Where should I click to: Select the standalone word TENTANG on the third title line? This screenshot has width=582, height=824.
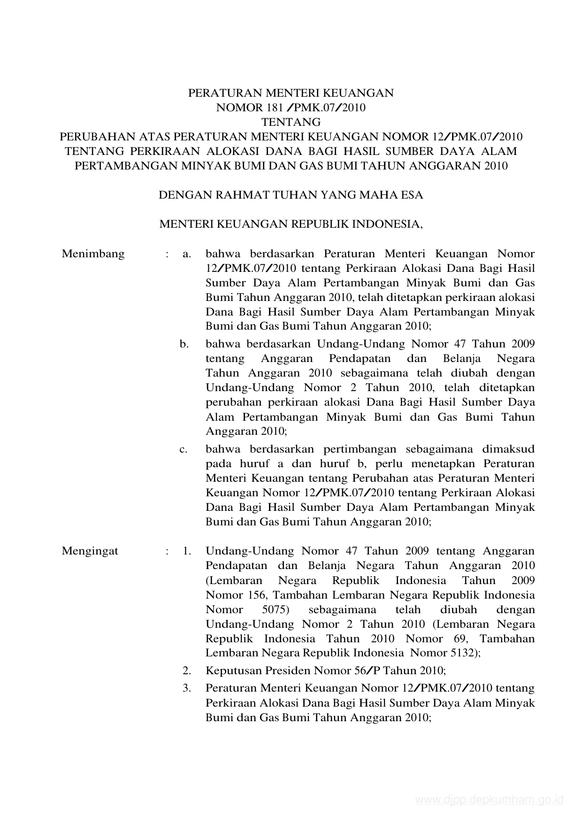coord(291,122)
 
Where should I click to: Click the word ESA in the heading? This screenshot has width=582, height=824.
coord(412,195)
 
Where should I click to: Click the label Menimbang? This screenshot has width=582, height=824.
coord(93,254)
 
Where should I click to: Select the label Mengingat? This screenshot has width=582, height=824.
coord(90,551)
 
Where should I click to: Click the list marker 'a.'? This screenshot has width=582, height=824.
coord(186,254)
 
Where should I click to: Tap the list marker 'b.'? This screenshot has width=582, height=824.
coord(184,344)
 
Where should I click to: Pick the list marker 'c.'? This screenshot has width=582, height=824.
coord(184,449)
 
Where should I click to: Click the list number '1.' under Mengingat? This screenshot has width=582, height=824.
coord(187,551)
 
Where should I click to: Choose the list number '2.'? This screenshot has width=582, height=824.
coord(187,670)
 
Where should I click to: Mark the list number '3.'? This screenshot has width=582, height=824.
coord(187,688)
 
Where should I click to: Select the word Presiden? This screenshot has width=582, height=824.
coord(289,670)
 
